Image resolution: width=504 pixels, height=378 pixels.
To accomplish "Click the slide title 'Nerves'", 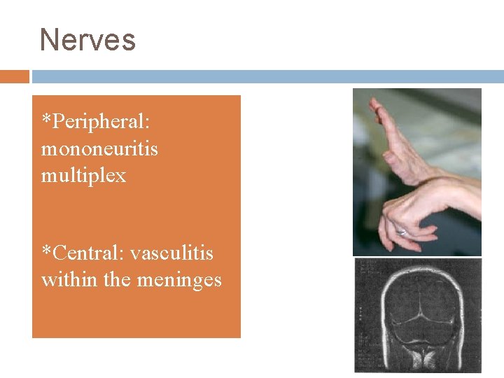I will [x=87, y=40].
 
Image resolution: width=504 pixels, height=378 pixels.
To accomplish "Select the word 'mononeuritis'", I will [x=99, y=149].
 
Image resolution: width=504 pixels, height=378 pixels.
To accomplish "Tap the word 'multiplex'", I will [x=84, y=175].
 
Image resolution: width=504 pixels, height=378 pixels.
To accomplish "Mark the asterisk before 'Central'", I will [x=46, y=251].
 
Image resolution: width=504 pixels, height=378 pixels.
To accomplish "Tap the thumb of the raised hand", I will [x=367, y=157].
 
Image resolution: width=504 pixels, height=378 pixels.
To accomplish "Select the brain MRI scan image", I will [x=417, y=315].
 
